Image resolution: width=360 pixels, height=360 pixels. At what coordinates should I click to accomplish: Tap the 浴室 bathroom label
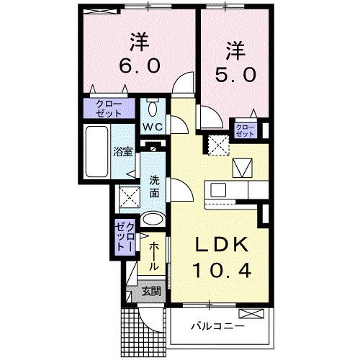click(x=122, y=152)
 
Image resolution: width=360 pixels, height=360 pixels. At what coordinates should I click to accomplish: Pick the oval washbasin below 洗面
click(x=152, y=220)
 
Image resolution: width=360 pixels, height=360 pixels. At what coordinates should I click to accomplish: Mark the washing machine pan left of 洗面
click(x=130, y=197)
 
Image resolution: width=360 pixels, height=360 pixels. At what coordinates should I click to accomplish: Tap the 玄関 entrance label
click(x=150, y=292)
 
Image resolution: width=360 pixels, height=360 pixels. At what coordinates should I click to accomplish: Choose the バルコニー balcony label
click(x=217, y=325)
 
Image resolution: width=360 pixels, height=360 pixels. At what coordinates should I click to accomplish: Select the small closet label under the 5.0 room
click(x=246, y=130)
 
